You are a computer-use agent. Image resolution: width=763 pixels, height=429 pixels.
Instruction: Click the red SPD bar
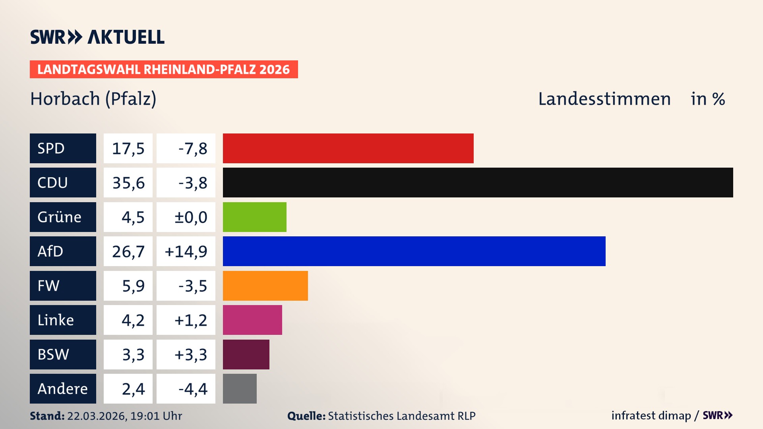click(348, 148)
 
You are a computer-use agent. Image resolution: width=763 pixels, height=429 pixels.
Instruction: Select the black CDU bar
click(478, 182)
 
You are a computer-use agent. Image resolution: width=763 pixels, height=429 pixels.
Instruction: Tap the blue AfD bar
click(414, 251)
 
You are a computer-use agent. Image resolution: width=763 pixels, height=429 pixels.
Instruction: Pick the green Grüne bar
click(254, 217)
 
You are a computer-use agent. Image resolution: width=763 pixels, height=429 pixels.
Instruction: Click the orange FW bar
click(265, 286)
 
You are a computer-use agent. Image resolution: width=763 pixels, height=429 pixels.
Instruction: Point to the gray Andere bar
click(240, 388)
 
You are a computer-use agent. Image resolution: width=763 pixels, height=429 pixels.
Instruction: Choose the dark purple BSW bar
click(246, 354)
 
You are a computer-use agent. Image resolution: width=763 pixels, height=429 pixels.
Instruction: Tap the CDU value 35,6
click(128, 183)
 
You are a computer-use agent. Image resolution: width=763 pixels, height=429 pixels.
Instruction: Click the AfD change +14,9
click(186, 251)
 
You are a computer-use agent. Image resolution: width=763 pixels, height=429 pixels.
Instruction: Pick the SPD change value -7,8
click(192, 149)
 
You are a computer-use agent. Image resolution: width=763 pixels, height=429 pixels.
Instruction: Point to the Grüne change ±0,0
click(191, 217)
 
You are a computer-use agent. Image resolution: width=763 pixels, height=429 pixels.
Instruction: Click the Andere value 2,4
click(133, 389)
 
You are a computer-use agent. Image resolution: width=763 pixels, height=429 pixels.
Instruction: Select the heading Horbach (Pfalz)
click(93, 99)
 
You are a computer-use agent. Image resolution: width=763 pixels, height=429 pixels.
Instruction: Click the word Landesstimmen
click(604, 99)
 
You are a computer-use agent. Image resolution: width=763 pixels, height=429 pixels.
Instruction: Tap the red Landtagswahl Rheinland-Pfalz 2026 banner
click(164, 70)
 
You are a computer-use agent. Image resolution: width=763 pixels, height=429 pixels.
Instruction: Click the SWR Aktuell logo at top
click(97, 37)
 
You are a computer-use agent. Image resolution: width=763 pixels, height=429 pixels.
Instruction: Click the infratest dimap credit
click(651, 415)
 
